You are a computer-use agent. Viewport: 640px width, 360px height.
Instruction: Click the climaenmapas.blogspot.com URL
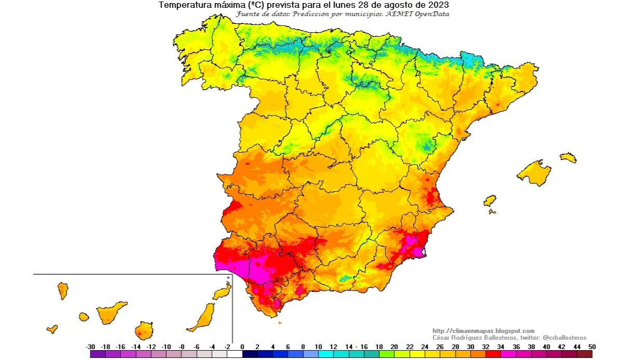pyautogui.click(x=483, y=331)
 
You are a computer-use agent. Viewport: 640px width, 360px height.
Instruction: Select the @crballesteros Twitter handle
pyautogui.click(x=564, y=338)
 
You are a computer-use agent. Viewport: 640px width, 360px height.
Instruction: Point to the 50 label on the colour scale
pyautogui.click(x=592, y=346)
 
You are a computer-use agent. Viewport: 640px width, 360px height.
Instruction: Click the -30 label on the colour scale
pyautogui.click(x=90, y=346)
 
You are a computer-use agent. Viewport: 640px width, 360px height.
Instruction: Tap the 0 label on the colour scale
pyautogui.click(x=242, y=346)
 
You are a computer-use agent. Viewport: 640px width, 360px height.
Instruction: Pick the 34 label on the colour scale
pyautogui.click(x=500, y=346)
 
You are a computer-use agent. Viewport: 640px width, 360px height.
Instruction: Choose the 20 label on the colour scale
pyautogui.click(x=394, y=346)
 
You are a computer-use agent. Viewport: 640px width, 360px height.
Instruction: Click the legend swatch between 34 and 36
pyautogui.click(x=508, y=354)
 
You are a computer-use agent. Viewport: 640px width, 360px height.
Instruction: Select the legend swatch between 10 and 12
pyautogui.click(x=326, y=354)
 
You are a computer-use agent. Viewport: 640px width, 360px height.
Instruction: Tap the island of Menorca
pyautogui.click(x=568, y=157)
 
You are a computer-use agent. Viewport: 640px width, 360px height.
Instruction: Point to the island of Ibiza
pyautogui.click(x=489, y=201)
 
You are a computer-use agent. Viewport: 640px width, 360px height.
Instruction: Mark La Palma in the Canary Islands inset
pyautogui.click(x=63, y=290)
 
